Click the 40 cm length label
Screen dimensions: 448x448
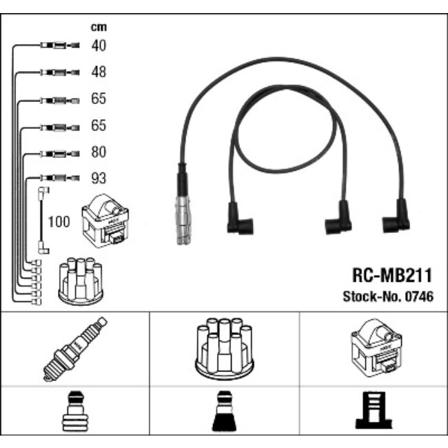99,45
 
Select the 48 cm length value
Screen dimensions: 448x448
99,72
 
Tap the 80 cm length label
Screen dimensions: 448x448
99,152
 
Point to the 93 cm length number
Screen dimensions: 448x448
99,179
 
